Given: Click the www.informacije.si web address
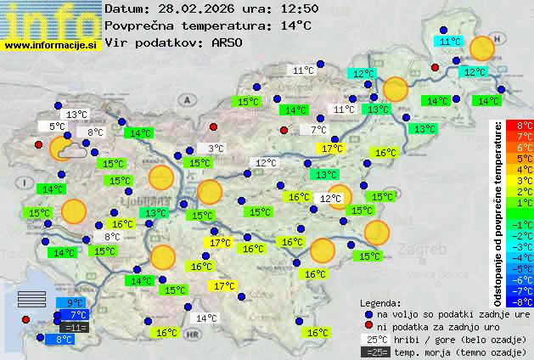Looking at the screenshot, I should pos(50,43).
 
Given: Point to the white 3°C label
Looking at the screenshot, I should pos(216,148).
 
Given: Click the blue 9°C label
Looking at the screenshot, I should pos(75,303).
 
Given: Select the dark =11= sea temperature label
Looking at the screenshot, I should pos(74,327).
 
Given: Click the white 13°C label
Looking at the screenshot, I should pos(77,115).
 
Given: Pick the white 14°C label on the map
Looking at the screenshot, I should pos(206,318).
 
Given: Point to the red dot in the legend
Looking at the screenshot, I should pos(368,326).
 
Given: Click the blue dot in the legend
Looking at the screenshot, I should pos(368,313).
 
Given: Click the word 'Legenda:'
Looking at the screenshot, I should pos(380,302).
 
